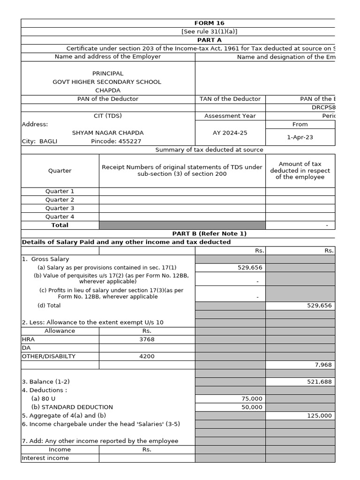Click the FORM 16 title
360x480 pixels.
tap(209, 23)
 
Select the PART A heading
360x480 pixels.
tap(209, 40)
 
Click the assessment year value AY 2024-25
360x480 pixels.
tap(230, 133)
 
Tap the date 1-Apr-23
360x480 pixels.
tap(300, 137)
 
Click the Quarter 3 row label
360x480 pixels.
tap(60, 208)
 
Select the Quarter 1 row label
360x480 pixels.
tap(60, 191)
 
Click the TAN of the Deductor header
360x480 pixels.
tap(230, 99)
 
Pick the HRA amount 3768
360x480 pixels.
tap(147, 339)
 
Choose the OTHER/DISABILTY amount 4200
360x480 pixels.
tap(147, 356)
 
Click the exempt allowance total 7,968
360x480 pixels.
tap(322, 365)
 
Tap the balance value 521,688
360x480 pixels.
tap(319, 382)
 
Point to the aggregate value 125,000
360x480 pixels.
tap(319, 415)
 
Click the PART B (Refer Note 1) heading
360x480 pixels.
tap(209, 233)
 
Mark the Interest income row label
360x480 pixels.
tap(45, 458)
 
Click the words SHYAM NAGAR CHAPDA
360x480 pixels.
tap(108, 133)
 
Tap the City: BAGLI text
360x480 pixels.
tap(39, 141)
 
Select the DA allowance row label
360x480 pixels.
tap(26, 348)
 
